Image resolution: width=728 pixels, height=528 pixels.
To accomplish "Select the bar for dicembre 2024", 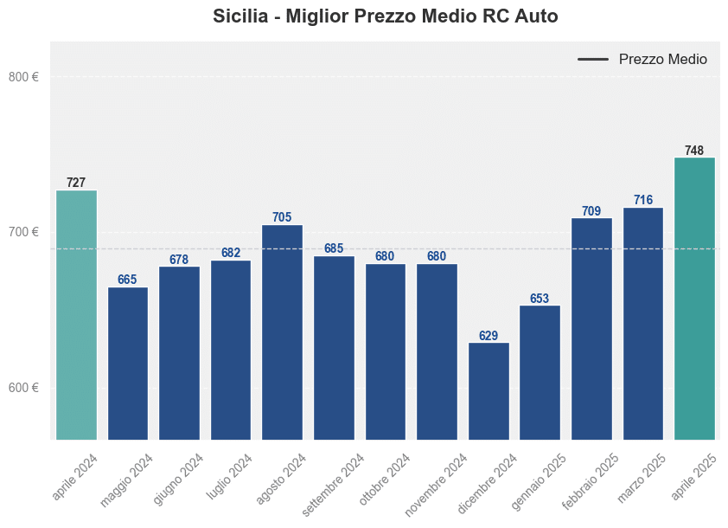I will coord(489,390).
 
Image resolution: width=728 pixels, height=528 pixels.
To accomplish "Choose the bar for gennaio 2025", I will coord(540,372).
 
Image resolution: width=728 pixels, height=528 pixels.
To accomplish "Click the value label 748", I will coord(694,151).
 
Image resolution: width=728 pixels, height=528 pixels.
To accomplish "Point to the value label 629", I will coord(489,336).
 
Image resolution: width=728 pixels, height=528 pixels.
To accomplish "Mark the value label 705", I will coord(282,217).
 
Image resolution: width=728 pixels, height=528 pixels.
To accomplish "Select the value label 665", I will coord(127,280).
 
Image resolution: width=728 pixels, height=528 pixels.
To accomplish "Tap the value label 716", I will coord(643,200).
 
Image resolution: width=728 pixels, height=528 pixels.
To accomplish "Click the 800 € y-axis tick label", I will coord(23,77).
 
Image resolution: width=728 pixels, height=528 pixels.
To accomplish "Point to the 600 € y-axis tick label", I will coord(23,388).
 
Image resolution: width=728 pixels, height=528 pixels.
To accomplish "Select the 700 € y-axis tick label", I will coord(23,232).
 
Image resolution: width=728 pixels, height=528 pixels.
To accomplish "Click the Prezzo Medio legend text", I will coord(662,60).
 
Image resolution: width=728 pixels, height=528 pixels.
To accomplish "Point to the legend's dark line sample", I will coord(593,60).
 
